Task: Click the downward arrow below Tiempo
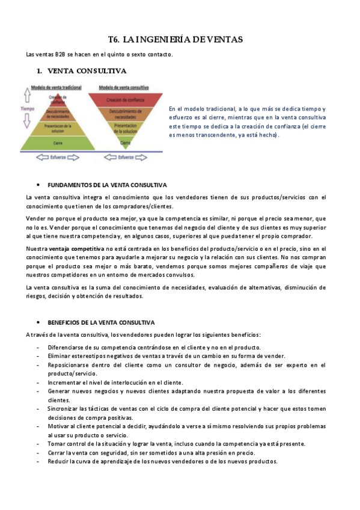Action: click(x=25, y=124)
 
